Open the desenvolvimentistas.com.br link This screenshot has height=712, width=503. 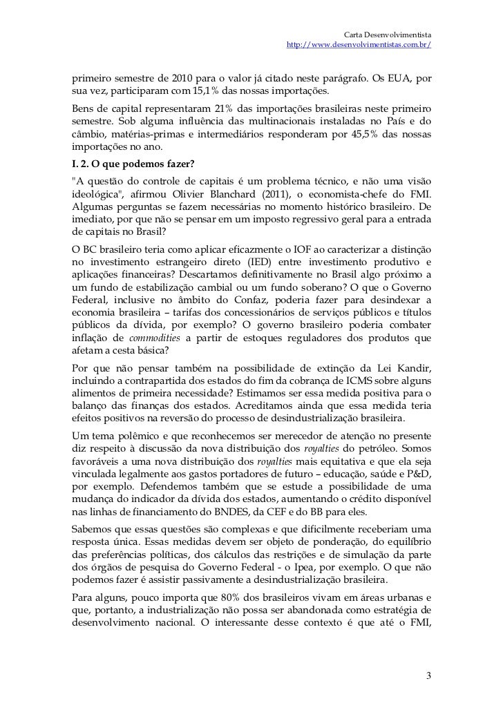click(359, 45)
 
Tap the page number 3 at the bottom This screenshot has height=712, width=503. click(429, 675)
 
